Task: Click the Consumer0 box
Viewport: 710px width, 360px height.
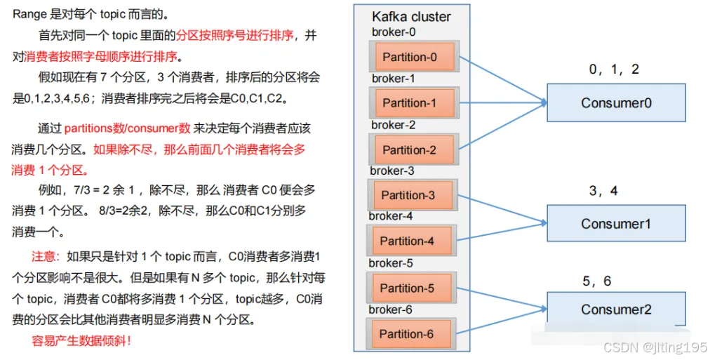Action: [x=616, y=103]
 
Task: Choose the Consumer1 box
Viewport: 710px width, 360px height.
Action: [x=616, y=224]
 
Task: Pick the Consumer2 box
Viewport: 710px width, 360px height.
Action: [x=616, y=309]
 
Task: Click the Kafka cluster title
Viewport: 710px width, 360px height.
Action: [x=411, y=17]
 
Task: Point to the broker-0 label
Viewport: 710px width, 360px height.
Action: [x=394, y=32]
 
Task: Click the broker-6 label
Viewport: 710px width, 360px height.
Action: [x=391, y=309]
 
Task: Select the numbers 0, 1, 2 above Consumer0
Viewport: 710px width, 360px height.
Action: [x=614, y=69]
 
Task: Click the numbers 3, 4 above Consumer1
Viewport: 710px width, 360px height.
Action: [x=603, y=191]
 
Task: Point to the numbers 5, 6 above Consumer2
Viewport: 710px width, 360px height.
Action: [x=596, y=281]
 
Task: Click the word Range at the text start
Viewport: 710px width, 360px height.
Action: [x=29, y=14]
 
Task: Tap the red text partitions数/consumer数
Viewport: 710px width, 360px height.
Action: [x=127, y=128]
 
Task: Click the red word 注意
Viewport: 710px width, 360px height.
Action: [x=43, y=256]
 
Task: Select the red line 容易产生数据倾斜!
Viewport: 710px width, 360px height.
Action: [x=81, y=342]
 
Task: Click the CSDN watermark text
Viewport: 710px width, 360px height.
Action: [x=655, y=347]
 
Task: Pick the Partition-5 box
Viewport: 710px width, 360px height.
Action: [x=407, y=288]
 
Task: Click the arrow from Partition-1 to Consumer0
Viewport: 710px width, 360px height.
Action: [x=502, y=102]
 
